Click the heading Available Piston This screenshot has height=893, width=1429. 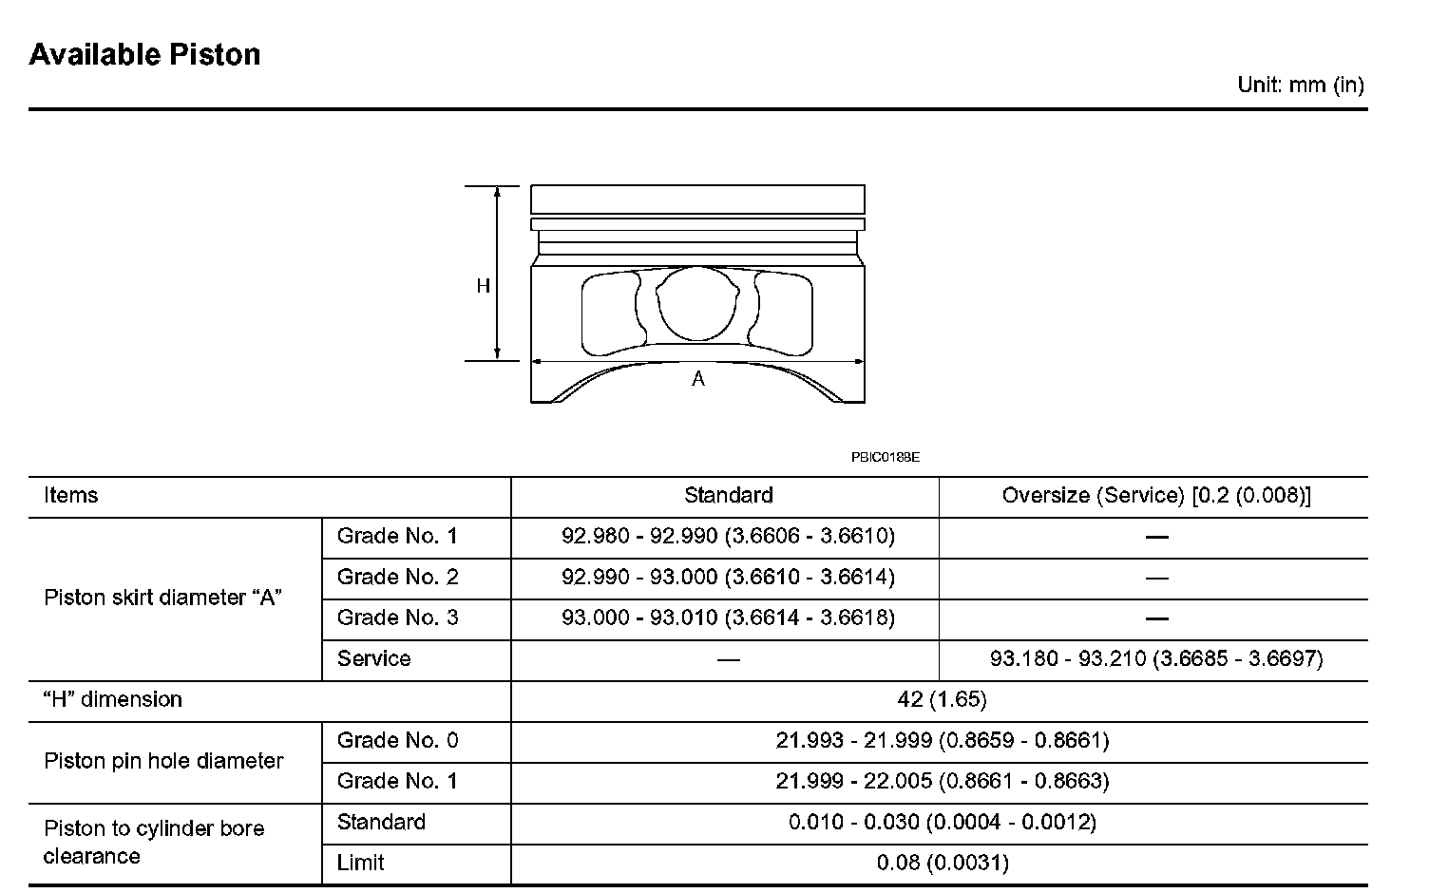coord(144,55)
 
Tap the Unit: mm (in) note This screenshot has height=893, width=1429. coord(1301,85)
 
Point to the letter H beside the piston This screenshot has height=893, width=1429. coord(483,286)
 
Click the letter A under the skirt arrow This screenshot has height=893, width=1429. coord(698,379)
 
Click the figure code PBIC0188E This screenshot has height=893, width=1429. coord(886,457)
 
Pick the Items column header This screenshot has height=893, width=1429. coord(71,495)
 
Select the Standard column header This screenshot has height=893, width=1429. coord(729,495)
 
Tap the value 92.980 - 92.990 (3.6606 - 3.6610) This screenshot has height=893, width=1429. coord(728,536)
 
